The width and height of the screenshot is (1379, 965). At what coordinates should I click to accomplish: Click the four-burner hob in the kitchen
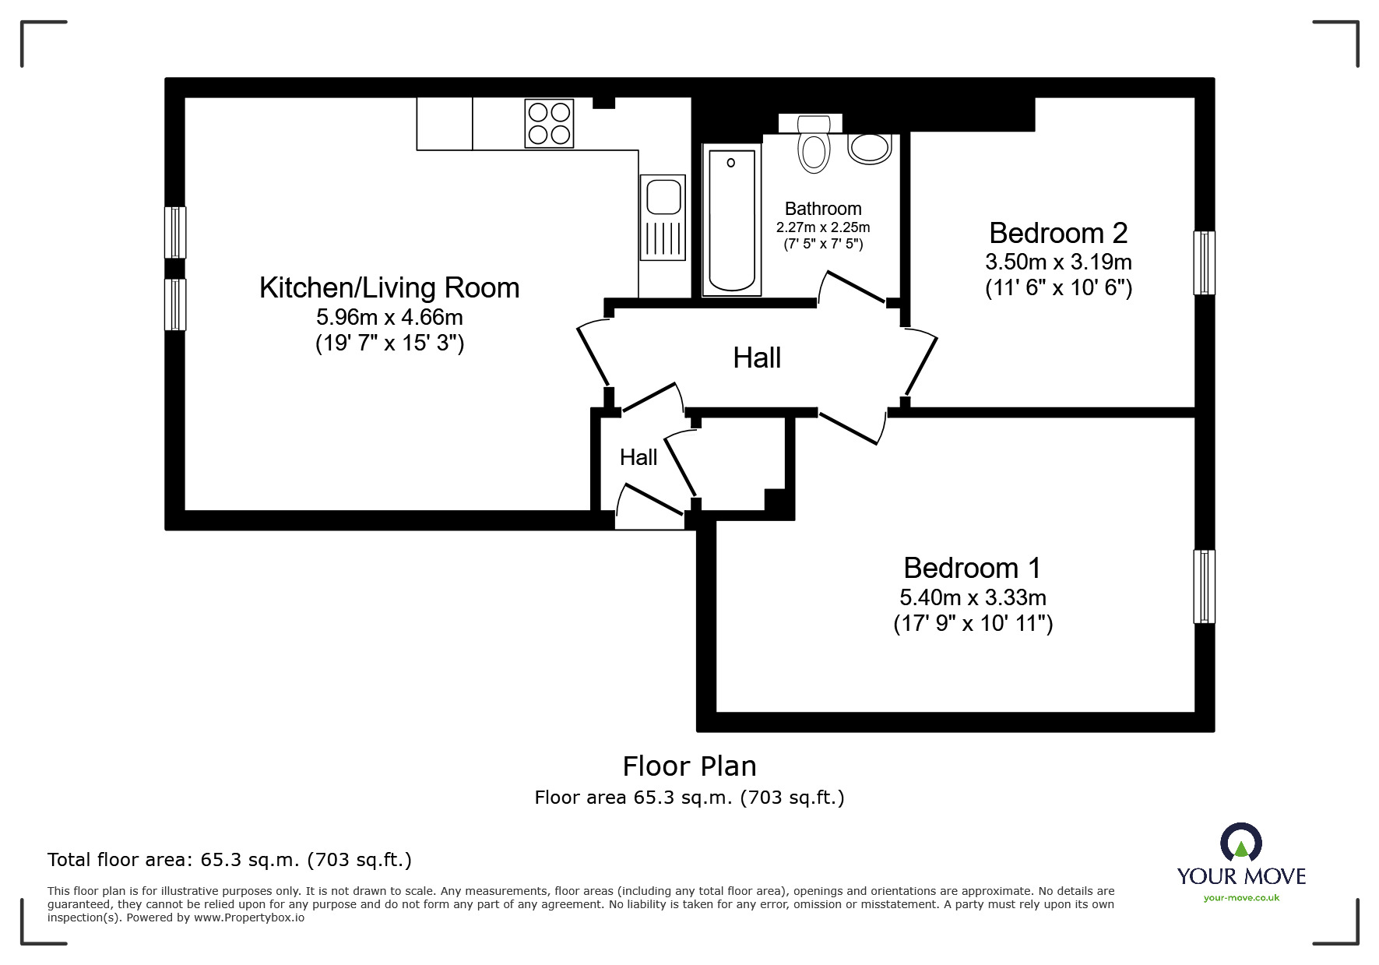(549, 123)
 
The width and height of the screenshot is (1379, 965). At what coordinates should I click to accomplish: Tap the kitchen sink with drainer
(663, 217)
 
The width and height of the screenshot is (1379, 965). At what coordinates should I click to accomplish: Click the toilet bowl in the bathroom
(814, 151)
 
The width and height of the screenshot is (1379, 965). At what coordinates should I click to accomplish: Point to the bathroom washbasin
(870, 148)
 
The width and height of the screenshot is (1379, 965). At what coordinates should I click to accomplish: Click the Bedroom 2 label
(1058, 233)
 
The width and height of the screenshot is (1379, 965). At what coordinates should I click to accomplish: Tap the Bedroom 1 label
(972, 568)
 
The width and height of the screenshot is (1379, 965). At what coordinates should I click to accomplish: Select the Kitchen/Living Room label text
(389, 287)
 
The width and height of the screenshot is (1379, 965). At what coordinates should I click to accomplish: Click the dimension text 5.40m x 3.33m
(973, 597)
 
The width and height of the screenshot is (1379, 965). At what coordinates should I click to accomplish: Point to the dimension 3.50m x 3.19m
(1058, 262)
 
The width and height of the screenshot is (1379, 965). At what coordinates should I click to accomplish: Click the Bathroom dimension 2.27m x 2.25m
(823, 227)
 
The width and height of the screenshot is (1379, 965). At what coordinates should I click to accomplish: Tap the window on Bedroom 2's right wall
(1204, 263)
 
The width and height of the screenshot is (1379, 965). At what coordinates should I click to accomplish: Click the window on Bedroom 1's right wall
(1204, 586)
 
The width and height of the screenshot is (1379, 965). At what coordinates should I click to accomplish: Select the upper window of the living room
(175, 232)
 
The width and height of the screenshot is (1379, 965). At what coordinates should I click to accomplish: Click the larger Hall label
(757, 358)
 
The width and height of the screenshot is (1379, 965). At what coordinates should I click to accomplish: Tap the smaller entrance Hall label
(638, 457)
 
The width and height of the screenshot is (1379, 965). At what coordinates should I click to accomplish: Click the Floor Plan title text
(689, 766)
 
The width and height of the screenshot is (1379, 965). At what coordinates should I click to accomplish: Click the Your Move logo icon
(1240, 843)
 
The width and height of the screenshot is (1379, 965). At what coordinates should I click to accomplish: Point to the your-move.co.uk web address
(1241, 898)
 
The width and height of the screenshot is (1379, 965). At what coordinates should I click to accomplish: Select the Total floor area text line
(230, 860)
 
